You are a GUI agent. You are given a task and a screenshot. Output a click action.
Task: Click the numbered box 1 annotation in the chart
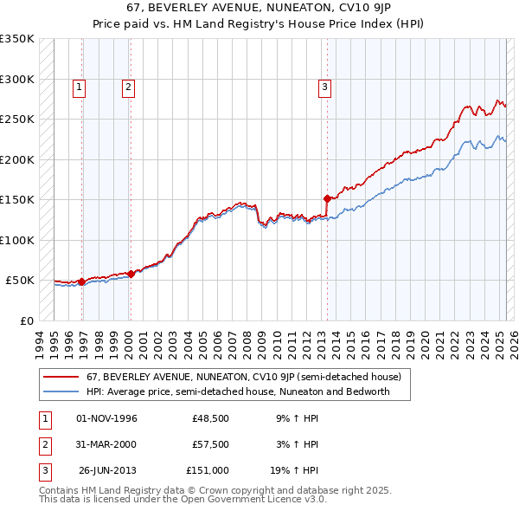[x=79, y=87]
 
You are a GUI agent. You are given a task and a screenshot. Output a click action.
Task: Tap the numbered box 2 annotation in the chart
[x=127, y=87]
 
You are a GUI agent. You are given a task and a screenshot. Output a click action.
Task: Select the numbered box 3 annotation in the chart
[x=324, y=87]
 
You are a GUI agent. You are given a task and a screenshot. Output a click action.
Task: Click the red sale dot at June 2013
[x=327, y=198]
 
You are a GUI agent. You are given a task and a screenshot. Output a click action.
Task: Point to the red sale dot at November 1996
[x=81, y=281]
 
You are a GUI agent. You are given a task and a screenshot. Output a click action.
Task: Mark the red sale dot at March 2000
[x=131, y=274]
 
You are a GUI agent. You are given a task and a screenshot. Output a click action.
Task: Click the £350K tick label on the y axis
[x=17, y=39]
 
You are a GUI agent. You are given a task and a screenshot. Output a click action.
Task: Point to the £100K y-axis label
[x=17, y=240]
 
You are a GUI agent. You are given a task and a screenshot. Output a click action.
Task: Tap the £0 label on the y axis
[x=25, y=320]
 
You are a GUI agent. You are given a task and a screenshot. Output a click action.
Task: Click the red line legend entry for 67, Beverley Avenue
[x=243, y=377]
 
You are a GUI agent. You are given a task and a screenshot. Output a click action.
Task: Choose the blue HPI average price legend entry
[x=238, y=391]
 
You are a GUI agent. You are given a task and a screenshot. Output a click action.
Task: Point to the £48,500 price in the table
[x=210, y=418]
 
